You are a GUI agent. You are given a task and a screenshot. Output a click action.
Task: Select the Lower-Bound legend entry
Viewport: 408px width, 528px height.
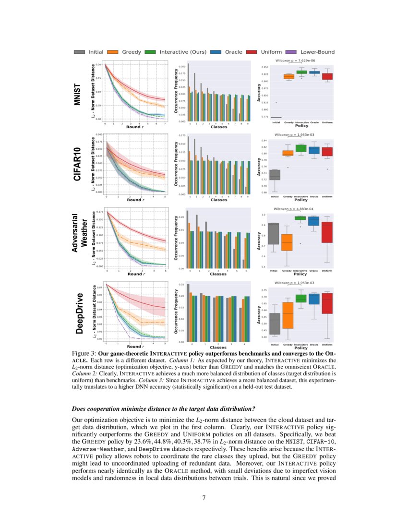point(312,52)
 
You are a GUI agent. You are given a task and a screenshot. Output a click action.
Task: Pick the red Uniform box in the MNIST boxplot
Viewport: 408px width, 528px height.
point(327,76)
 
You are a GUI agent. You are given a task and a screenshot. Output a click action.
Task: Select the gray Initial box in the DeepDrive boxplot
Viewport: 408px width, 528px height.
point(275,324)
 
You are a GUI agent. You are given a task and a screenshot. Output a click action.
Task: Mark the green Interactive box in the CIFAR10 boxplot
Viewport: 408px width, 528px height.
point(301,148)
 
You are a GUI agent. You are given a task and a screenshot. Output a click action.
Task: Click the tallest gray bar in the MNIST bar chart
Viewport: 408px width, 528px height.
point(188,91)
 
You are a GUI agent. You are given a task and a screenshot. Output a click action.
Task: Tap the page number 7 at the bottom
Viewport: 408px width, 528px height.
point(204,497)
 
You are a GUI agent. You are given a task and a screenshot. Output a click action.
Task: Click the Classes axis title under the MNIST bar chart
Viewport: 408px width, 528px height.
point(218,127)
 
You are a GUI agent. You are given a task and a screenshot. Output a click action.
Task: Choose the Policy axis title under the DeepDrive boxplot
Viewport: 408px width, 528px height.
point(300,348)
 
